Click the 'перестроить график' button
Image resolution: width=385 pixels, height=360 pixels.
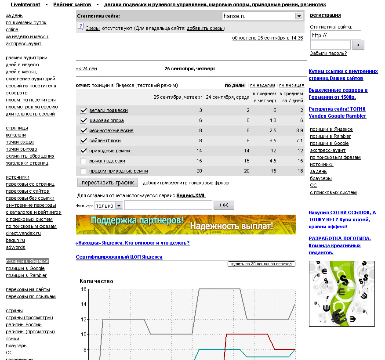click(x=108, y=182)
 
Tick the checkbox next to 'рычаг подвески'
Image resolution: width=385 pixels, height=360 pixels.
click(x=83, y=161)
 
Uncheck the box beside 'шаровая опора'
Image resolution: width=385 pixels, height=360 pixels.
click(x=83, y=121)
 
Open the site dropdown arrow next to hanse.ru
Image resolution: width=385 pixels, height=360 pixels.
click(x=299, y=16)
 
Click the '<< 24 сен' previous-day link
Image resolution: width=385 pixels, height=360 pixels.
click(x=87, y=69)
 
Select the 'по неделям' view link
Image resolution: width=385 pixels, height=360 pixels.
click(x=262, y=86)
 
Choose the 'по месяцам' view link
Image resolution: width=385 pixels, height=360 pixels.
click(x=292, y=86)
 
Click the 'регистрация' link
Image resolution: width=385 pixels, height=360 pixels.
click(x=325, y=15)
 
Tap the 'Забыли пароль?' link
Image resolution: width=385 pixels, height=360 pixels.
click(x=328, y=54)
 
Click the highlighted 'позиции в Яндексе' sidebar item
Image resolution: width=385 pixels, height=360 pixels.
click(x=27, y=261)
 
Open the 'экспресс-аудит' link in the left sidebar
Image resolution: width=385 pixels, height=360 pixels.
click(x=24, y=43)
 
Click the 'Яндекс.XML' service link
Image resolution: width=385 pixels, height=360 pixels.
click(x=191, y=196)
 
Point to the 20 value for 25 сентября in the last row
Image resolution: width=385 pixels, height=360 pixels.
click(x=200, y=171)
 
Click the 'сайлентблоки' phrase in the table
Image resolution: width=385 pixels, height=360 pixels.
click(x=105, y=141)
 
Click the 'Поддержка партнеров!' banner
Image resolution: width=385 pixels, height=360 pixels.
click(x=185, y=224)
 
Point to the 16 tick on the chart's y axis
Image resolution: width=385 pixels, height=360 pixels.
click(x=84, y=289)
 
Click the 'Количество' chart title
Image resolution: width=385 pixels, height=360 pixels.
click(x=96, y=281)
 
